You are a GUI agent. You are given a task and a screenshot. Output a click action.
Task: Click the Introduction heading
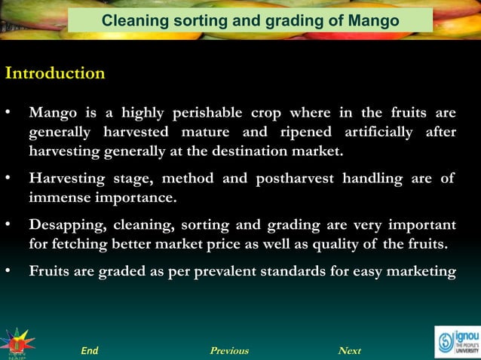click(x=55, y=74)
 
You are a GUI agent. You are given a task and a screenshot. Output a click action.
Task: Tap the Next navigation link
click(x=350, y=351)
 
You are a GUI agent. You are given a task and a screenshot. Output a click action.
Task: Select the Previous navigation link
click(x=229, y=351)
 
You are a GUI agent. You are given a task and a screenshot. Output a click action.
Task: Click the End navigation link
click(x=90, y=351)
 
